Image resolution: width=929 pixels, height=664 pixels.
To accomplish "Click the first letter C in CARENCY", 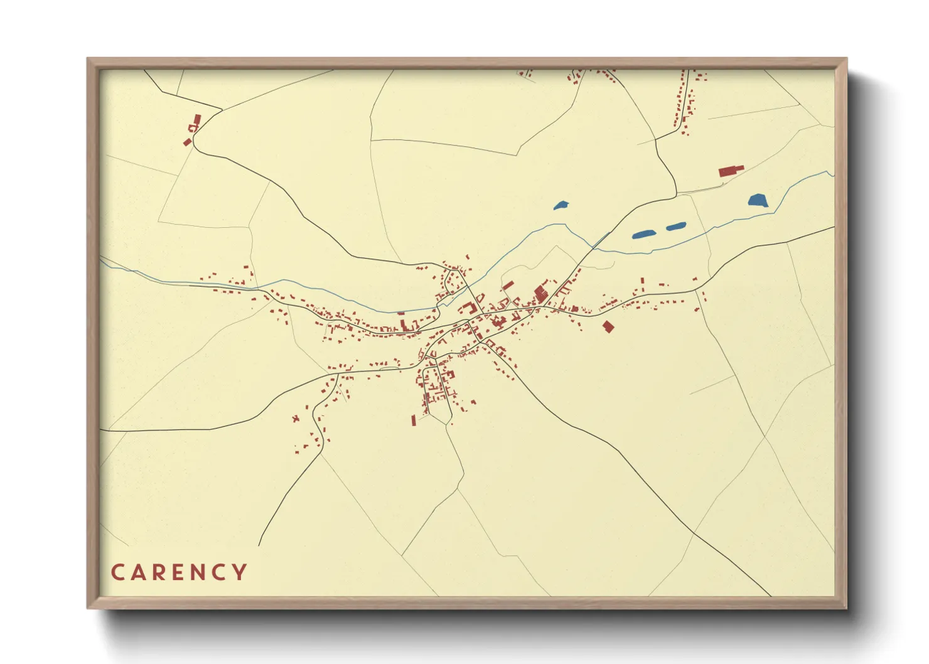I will click(x=117, y=572).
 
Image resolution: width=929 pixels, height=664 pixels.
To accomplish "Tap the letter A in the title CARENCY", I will click(x=139, y=572).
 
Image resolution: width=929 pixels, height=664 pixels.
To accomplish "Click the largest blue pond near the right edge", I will click(x=758, y=201).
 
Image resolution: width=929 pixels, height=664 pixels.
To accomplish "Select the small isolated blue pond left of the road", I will click(x=561, y=205).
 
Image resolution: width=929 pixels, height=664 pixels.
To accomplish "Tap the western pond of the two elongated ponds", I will click(x=643, y=235).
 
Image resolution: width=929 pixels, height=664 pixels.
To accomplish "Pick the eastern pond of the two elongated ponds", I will click(x=675, y=227).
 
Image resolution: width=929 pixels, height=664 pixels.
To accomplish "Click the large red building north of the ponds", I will click(x=730, y=170).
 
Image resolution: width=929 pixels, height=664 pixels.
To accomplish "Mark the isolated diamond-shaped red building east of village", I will click(x=607, y=326).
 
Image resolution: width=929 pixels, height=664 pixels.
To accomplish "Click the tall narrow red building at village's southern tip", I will click(x=414, y=420).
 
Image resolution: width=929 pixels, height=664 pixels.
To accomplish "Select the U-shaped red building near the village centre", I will click(x=466, y=308).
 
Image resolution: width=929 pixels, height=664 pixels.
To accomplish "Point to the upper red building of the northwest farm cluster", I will click(x=197, y=119).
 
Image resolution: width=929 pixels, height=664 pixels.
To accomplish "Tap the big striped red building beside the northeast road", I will click(x=540, y=292).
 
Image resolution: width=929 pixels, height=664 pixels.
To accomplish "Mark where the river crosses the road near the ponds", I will click(x=593, y=247).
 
